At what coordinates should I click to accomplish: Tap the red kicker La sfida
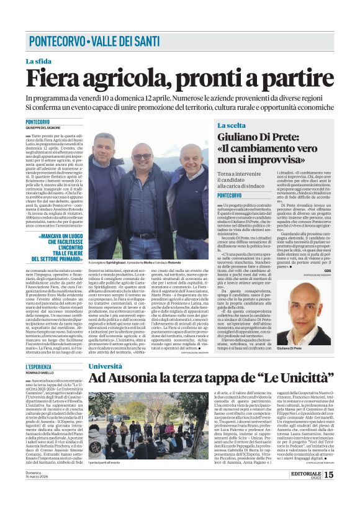38,61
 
